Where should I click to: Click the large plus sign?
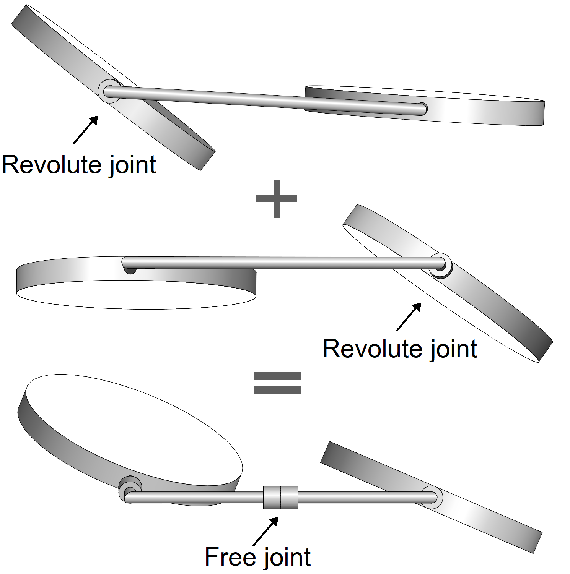tap(276, 199)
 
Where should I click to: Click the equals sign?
tap(278, 383)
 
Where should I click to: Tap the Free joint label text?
tap(257, 557)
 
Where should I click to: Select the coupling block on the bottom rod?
tap(280, 497)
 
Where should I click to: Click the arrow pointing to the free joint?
tap(265, 531)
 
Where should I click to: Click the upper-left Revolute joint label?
tap(79, 165)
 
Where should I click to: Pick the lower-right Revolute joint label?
tap(400, 349)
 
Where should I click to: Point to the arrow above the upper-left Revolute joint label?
tap(86, 130)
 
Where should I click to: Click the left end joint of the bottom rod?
tap(130, 493)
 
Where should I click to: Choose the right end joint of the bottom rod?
tap(432, 498)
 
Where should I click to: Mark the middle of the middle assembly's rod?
tap(283, 263)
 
